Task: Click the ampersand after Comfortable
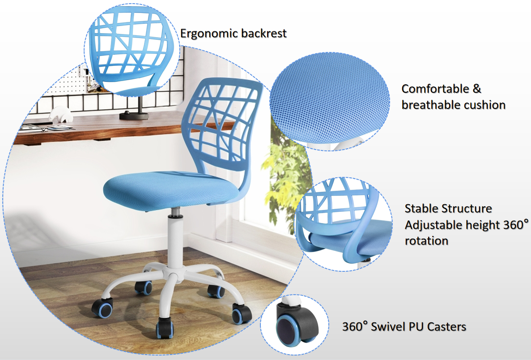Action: (477, 89)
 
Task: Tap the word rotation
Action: (427, 241)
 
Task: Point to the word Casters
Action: (446, 327)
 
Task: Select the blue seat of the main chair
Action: (171, 190)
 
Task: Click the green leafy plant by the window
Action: (285, 176)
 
